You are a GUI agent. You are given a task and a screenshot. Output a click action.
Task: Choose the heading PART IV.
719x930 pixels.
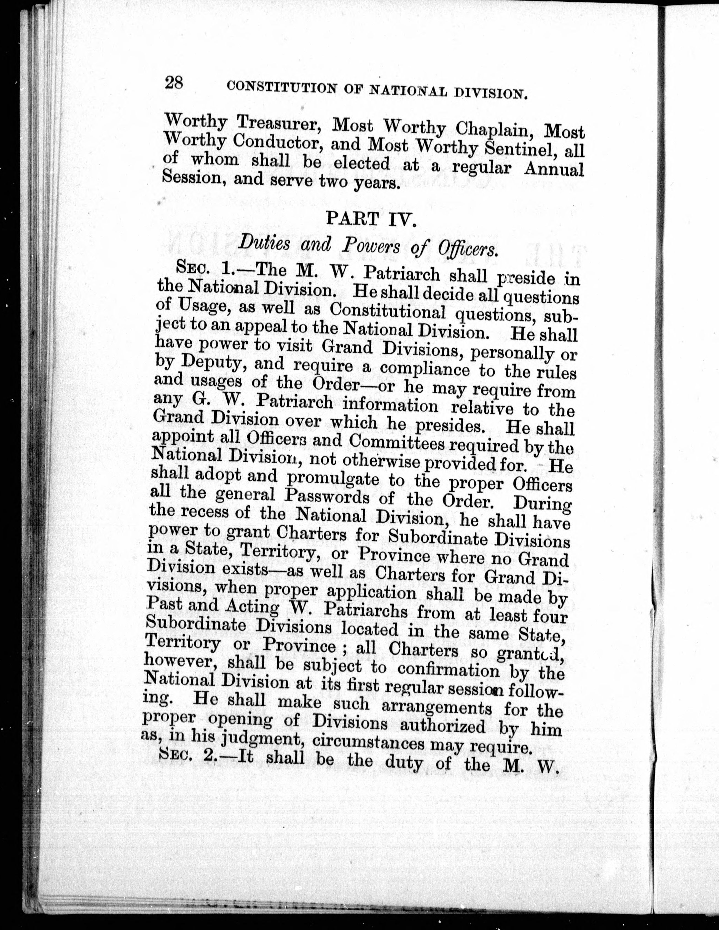(370, 219)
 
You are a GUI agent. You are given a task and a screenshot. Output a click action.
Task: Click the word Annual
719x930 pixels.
(554, 169)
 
